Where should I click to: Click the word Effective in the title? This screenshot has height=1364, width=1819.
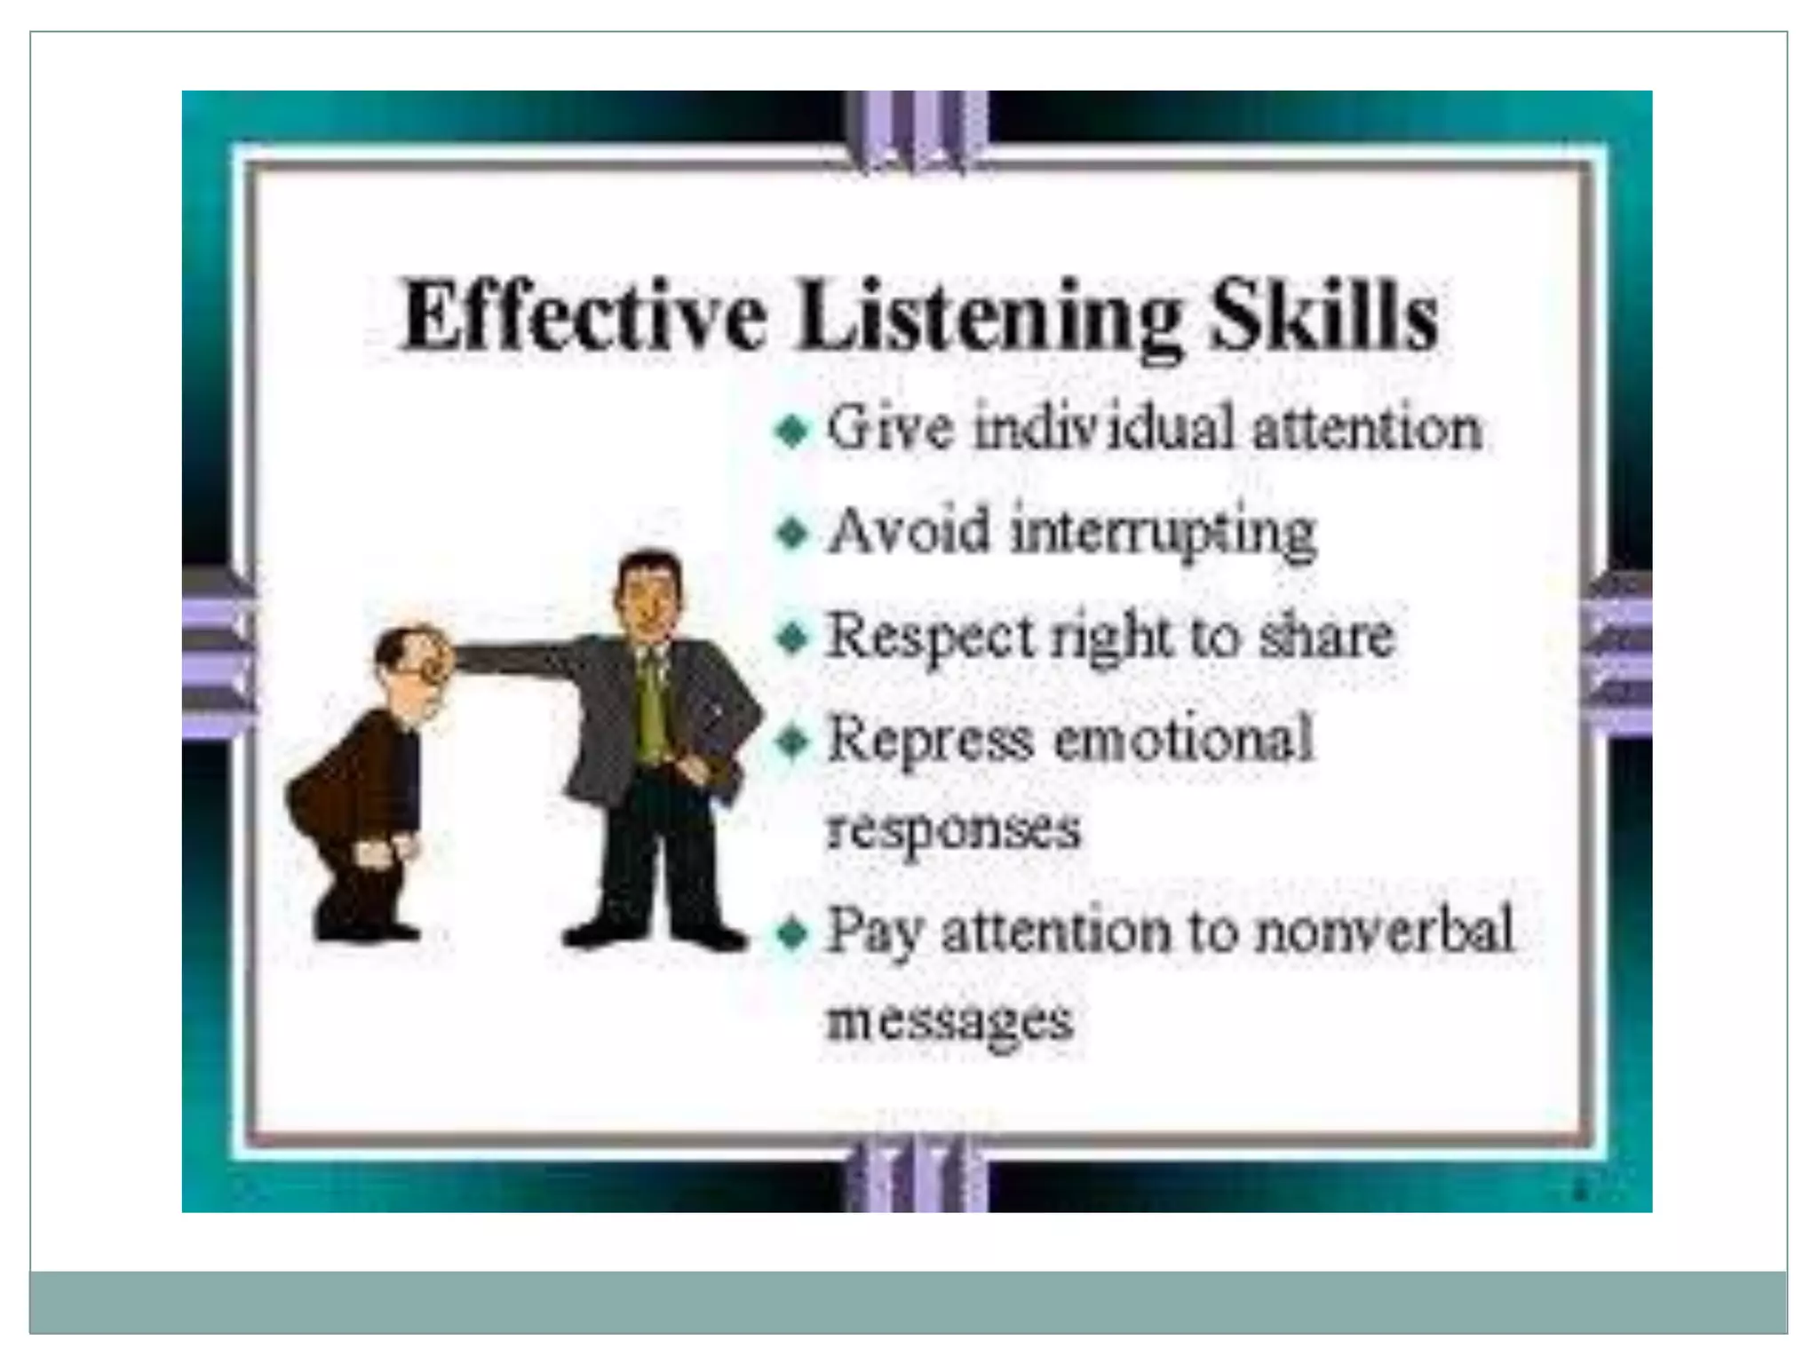tap(584, 316)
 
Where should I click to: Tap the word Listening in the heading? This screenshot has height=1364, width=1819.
tap(989, 318)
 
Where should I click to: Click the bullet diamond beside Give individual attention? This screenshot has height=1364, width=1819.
tap(791, 432)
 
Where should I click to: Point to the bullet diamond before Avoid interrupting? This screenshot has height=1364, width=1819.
tap(791, 534)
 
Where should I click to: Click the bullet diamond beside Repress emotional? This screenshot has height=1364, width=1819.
tap(791, 741)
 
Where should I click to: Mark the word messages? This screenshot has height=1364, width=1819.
tap(949, 1021)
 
